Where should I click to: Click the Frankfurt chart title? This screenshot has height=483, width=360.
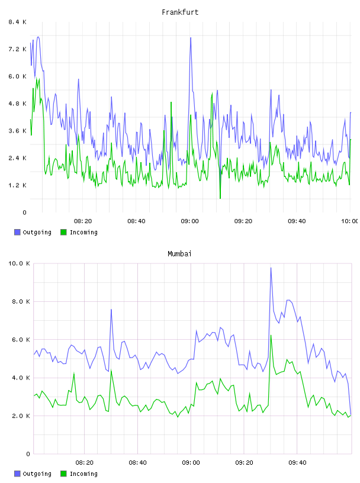180,12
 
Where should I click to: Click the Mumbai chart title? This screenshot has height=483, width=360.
179,254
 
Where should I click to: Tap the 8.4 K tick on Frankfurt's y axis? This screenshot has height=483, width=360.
17,22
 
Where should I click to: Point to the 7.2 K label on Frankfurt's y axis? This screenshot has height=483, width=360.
17,49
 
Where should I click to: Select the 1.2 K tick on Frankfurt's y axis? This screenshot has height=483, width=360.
17,185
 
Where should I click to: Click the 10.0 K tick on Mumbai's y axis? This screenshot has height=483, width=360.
19,263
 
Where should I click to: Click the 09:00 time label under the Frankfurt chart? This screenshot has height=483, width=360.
190,221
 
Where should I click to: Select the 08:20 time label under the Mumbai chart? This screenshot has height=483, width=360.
85,463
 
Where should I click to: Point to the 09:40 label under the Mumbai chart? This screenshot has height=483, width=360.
297,463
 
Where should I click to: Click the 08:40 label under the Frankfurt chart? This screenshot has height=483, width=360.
136,221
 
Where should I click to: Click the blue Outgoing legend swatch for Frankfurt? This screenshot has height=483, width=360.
17,232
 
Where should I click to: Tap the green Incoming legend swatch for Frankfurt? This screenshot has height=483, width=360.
63,232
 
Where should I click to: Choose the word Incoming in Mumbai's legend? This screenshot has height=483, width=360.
83,474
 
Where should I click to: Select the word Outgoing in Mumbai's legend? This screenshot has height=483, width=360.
37,474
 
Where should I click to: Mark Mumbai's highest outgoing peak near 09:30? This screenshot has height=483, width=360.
271,268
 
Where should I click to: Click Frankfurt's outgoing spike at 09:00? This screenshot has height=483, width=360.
191,38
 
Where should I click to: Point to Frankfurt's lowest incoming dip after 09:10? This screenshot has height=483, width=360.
220,198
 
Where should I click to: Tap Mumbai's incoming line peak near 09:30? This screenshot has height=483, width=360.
271,336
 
